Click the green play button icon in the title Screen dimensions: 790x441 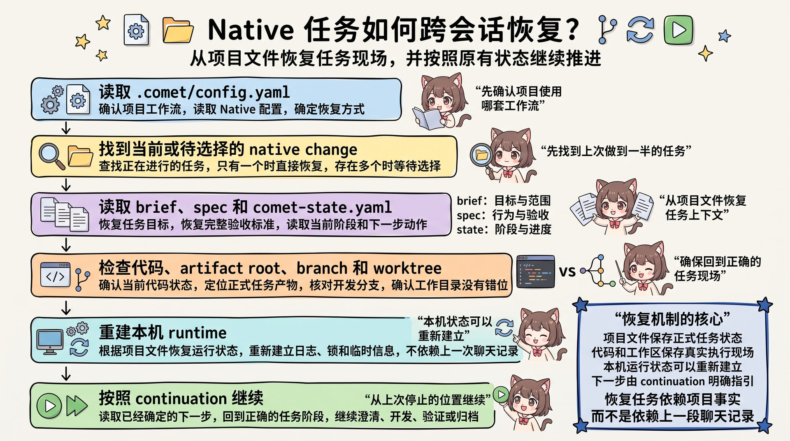pyautogui.click(x=678, y=30)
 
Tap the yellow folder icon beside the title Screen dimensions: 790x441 pyautogui.click(x=178, y=30)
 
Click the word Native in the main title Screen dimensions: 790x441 pyautogui.click(x=251, y=30)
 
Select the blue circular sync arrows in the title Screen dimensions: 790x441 pyautogui.click(x=640, y=30)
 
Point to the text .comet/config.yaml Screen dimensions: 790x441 pyautogui.click(x=213, y=92)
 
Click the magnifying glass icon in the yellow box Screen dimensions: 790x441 pyautogui.click(x=51, y=156)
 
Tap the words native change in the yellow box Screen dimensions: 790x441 pyautogui.click(x=303, y=149)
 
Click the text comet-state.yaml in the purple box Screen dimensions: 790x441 pyautogui.click(x=322, y=207)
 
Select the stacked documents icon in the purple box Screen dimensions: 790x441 pyautogui.click(x=65, y=214)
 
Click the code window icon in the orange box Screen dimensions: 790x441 pyautogui.click(x=55, y=275)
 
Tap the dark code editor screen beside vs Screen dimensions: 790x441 pyautogui.click(x=535, y=272)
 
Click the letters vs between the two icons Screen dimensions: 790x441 pyautogui.click(x=567, y=272)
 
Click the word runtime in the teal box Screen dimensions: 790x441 pyautogui.click(x=197, y=332)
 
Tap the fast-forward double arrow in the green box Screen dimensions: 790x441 pyautogui.click(x=77, y=406)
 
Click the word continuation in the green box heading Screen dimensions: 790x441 pyautogui.click(x=181, y=398)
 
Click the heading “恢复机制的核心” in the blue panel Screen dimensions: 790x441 pyautogui.click(x=672, y=319)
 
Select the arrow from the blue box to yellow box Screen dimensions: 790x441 pyautogui.click(x=66, y=128)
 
